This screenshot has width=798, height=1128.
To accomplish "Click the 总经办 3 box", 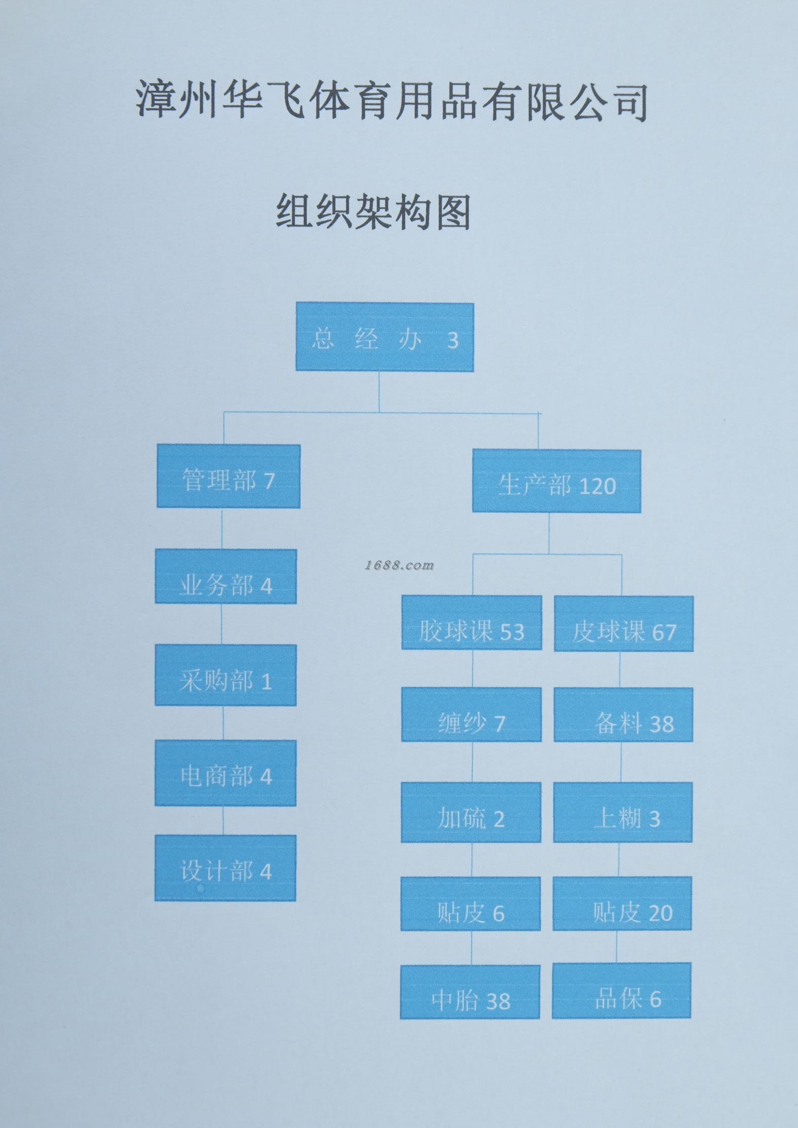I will (x=385, y=337).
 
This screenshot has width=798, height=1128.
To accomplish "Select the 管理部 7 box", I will (x=228, y=476).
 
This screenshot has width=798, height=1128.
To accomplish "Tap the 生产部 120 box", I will (x=556, y=481).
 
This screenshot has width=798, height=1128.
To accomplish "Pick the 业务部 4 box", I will (x=226, y=576).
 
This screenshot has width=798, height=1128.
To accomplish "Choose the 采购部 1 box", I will (x=226, y=675).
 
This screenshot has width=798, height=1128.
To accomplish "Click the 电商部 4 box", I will (x=226, y=773).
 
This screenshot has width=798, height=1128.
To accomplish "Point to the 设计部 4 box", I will (x=225, y=867).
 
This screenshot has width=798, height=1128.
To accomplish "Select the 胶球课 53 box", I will (x=471, y=623).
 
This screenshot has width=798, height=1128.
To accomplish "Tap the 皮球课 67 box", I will (x=624, y=624).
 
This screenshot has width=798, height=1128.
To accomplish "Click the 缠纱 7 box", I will (x=471, y=714).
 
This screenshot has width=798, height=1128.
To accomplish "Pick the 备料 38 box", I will (x=623, y=715).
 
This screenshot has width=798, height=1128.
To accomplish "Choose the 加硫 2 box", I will (x=471, y=812).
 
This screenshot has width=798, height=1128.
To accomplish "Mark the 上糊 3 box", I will (x=623, y=812).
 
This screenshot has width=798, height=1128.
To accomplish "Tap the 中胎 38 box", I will (x=470, y=992).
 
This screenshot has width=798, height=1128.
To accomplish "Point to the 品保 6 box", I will (x=622, y=991).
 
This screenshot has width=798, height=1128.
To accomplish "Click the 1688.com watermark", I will (x=400, y=565).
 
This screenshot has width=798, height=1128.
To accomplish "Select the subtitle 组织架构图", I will (x=374, y=211).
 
